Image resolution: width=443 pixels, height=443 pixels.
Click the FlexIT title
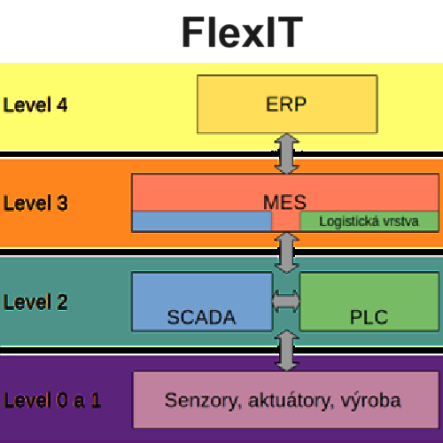[242, 32]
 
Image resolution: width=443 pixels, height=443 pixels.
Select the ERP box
[287, 104]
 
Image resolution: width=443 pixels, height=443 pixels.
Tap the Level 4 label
[35, 105]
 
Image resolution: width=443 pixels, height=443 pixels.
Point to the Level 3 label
[35, 203]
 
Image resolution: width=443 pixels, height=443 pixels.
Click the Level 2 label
[35, 302]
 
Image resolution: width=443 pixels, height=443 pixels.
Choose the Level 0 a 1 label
[52, 400]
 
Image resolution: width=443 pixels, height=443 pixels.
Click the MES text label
[284, 202]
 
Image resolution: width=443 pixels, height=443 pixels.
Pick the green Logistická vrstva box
[369, 221]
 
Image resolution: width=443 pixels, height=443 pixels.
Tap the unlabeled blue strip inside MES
[202, 221]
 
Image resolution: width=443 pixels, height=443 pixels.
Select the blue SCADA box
[202, 301]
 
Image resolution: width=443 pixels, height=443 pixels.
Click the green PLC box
[369, 301]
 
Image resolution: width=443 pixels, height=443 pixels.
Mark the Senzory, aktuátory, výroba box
[286, 400]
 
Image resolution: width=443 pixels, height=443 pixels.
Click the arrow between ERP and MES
[286, 153]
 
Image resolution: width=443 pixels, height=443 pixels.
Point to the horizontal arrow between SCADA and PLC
[286, 301]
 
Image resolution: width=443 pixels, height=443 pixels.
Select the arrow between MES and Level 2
[286, 253]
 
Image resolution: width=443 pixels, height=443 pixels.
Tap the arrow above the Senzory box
[286, 351]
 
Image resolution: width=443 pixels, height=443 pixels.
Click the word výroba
[371, 401]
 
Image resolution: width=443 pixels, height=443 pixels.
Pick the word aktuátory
[291, 401]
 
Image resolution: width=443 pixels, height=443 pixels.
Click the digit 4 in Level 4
[62, 105]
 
